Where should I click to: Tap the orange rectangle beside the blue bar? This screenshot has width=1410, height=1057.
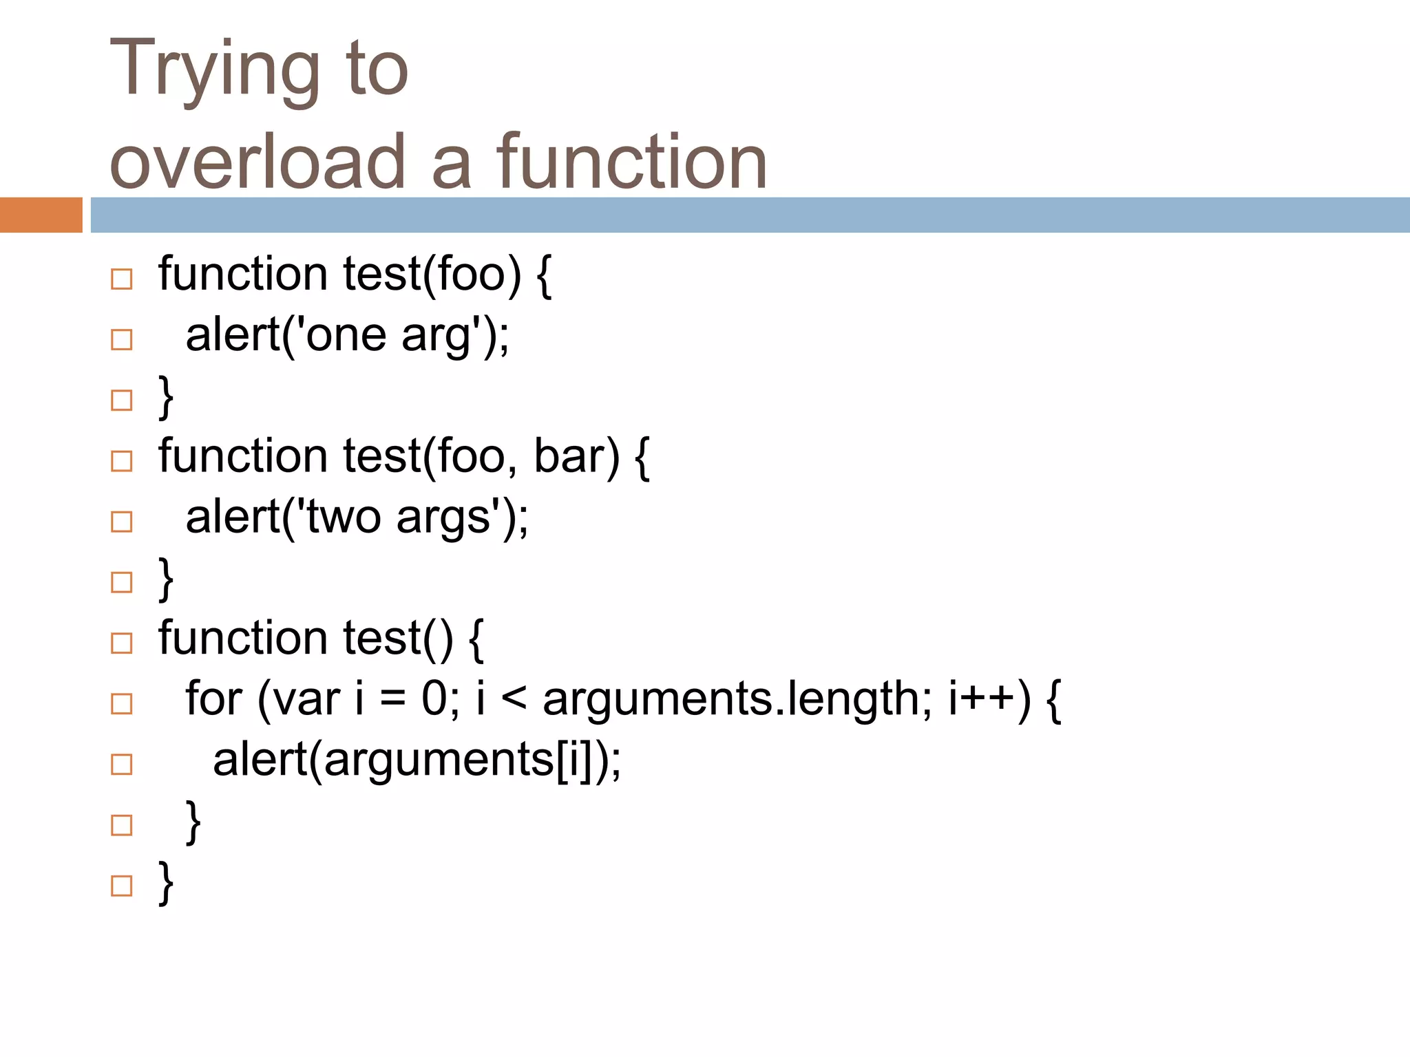(41, 215)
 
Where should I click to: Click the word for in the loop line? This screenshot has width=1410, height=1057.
(213, 699)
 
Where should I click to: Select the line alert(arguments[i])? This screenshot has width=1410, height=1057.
(417, 760)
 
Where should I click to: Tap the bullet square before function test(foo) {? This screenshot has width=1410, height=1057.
(121, 279)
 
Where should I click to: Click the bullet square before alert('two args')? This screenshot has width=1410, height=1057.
(121, 522)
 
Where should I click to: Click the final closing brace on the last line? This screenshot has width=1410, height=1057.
(166, 883)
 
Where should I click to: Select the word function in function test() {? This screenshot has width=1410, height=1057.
(242, 639)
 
